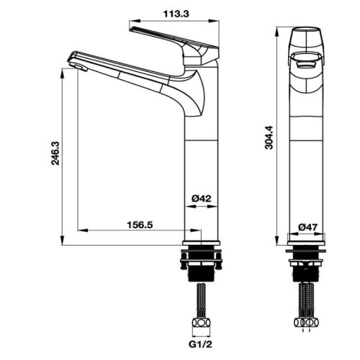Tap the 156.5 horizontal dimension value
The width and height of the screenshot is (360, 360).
140,224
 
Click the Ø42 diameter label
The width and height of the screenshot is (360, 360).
201,198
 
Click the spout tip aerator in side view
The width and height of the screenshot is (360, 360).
78,66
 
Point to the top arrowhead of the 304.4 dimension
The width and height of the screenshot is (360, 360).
279,33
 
